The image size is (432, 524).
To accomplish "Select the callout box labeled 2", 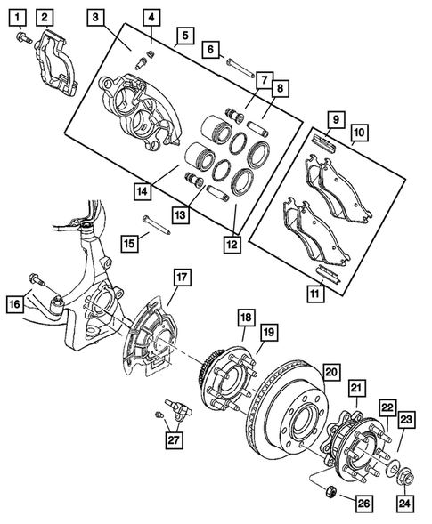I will click(x=45, y=16).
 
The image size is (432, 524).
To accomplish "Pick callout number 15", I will click(x=130, y=242).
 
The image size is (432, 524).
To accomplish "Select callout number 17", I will click(x=181, y=278).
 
